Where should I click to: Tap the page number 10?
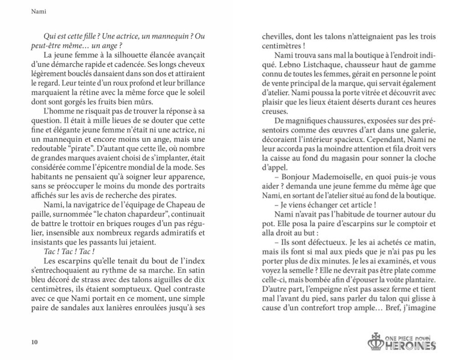(x=35, y=343)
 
